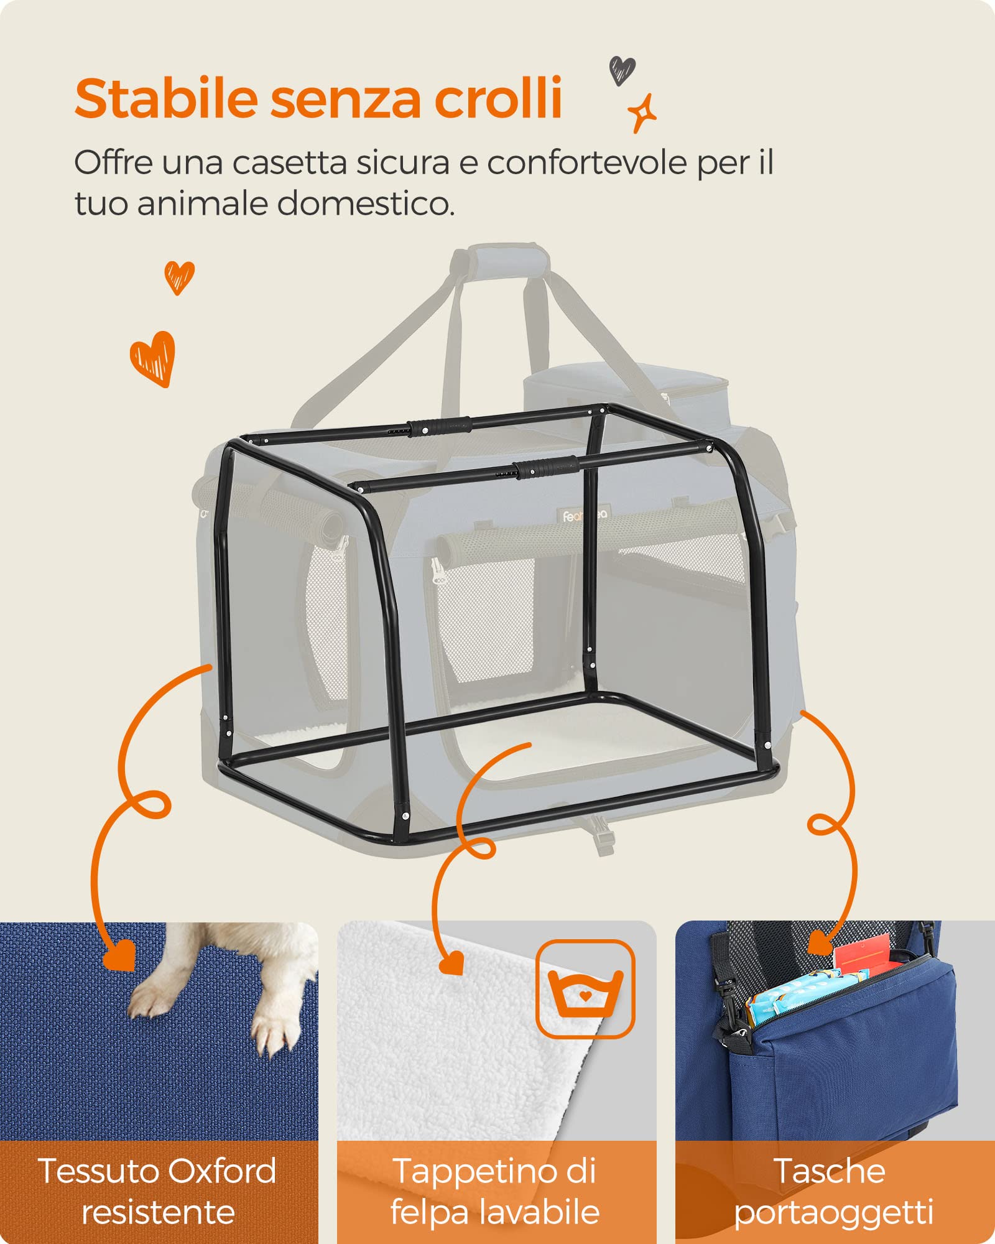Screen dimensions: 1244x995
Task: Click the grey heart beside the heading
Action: [622, 70]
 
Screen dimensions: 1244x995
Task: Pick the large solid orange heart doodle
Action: [153, 358]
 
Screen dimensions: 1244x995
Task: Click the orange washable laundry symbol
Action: [585, 989]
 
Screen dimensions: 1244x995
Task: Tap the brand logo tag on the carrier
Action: [585, 515]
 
